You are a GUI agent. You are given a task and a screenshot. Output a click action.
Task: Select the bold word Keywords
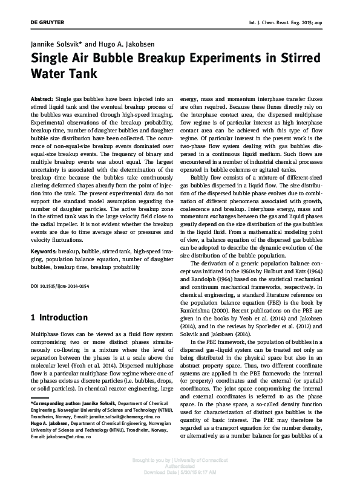click(44, 249)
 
